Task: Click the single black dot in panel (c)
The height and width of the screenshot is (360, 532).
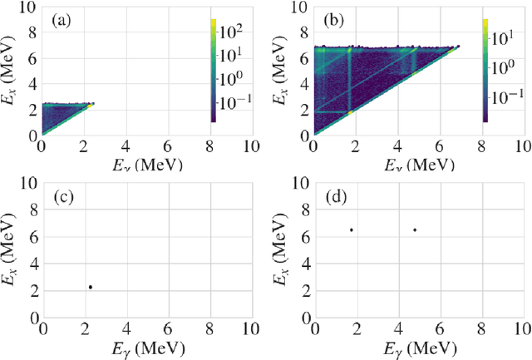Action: point(91,288)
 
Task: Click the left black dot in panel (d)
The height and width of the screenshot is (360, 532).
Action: point(352,230)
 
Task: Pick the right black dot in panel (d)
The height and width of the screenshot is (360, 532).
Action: point(415,230)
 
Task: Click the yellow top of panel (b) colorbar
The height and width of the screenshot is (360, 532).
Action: point(485,22)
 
